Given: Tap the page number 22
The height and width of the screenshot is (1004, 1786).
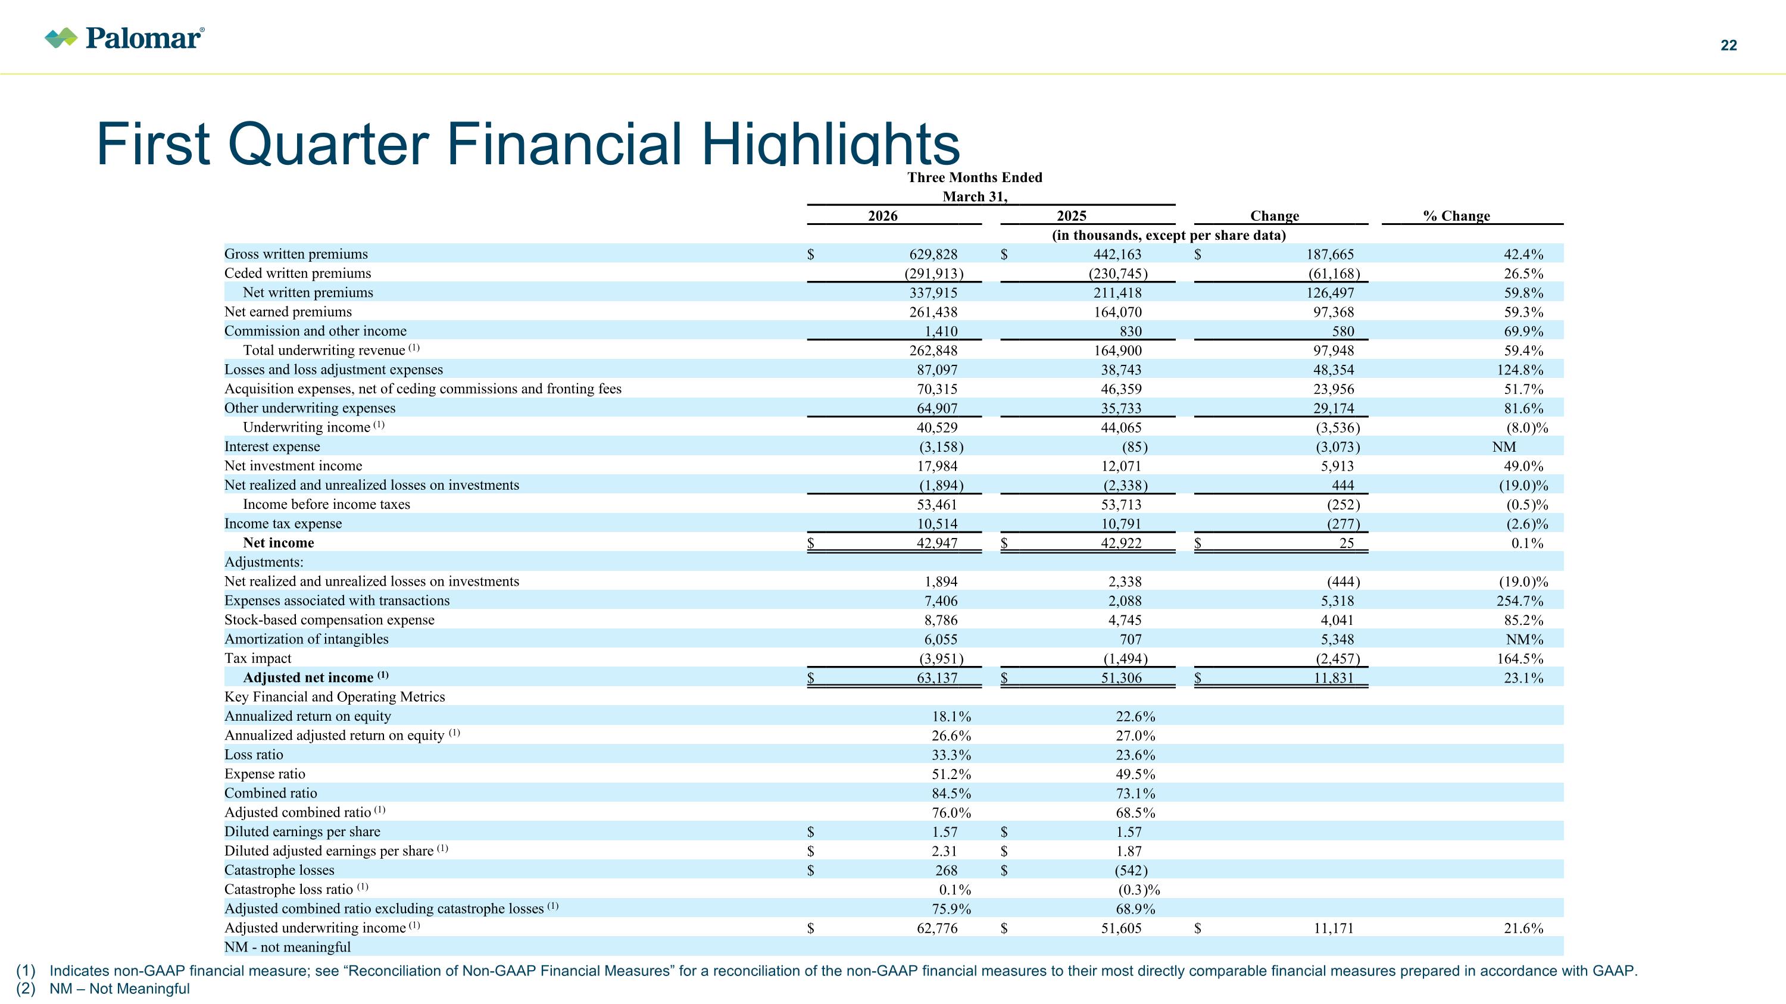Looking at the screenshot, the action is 1728,45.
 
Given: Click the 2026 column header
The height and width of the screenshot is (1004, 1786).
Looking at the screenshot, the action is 883,215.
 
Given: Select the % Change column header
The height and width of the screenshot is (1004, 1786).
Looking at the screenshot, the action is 1456,215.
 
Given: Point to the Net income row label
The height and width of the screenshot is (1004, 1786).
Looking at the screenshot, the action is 278,543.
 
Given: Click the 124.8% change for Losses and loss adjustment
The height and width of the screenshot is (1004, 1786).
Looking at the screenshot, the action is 1520,370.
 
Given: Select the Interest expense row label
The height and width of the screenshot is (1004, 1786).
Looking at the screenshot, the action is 272,447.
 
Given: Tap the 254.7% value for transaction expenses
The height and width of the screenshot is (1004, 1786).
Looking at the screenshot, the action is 1520,600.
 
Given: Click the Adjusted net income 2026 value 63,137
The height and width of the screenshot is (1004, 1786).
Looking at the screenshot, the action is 936,678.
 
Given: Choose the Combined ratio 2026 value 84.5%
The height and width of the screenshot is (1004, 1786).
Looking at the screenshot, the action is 951,793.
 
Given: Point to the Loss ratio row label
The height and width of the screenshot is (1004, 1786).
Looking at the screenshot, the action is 254,755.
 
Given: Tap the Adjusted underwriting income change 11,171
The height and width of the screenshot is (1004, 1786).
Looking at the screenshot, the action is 1334,928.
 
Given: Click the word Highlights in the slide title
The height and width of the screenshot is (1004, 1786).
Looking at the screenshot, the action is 830,143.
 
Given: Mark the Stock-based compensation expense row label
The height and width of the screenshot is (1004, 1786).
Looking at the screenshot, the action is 329,620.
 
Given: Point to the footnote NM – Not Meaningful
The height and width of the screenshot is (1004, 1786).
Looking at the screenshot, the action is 119,989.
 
